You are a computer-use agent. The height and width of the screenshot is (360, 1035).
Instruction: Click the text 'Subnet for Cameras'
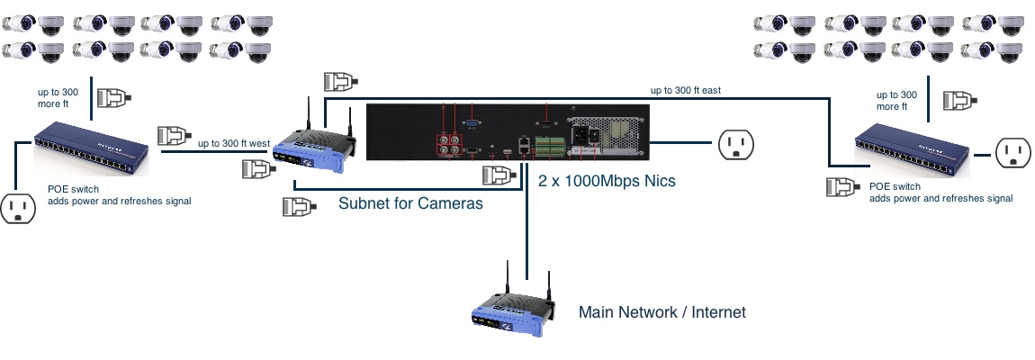410,203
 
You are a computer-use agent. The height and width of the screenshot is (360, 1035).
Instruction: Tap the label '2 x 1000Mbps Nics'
607,181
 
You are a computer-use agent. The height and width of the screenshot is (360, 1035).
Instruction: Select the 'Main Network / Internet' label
662,312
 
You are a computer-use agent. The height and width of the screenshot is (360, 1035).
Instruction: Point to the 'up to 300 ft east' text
686,90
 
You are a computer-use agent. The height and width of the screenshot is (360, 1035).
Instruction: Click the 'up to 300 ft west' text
234,143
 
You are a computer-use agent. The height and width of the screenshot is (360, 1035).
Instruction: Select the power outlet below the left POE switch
17,207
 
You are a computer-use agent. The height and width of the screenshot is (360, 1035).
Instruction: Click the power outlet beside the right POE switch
1012,153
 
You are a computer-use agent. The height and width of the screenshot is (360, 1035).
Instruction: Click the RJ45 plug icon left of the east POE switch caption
841,187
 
